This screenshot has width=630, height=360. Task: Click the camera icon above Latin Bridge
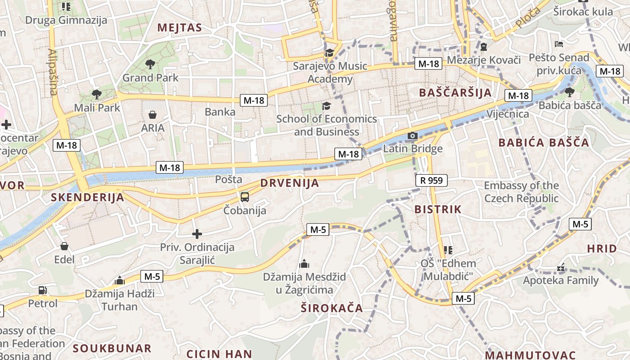click(x=412, y=135)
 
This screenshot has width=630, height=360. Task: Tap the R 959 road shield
click(x=432, y=180)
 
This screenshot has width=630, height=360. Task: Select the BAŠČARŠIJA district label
click(x=455, y=93)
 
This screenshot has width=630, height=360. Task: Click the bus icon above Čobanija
click(x=245, y=197)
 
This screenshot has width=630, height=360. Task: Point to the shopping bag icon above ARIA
click(x=153, y=115)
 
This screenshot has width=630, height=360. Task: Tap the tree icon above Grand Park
click(x=150, y=64)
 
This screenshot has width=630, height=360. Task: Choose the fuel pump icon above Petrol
click(x=43, y=290)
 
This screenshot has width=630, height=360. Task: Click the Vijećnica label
click(x=508, y=113)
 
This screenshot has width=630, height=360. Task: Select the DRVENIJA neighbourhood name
click(x=289, y=183)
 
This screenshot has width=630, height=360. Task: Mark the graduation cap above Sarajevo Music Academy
click(x=330, y=53)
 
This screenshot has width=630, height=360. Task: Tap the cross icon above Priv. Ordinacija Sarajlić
click(x=197, y=234)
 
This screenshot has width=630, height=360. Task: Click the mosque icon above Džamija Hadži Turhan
click(x=119, y=281)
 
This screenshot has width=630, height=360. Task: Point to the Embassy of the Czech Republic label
click(x=521, y=192)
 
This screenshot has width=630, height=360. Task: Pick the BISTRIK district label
click(x=438, y=209)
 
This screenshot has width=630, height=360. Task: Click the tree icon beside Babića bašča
click(x=569, y=92)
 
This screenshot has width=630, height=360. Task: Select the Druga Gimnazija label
click(x=66, y=20)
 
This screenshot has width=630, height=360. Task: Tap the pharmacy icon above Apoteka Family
click(x=560, y=268)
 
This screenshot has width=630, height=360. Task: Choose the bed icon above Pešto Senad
click(x=558, y=44)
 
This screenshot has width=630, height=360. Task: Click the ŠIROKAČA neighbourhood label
click(x=332, y=308)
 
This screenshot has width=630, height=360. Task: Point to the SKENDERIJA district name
click(x=87, y=197)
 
